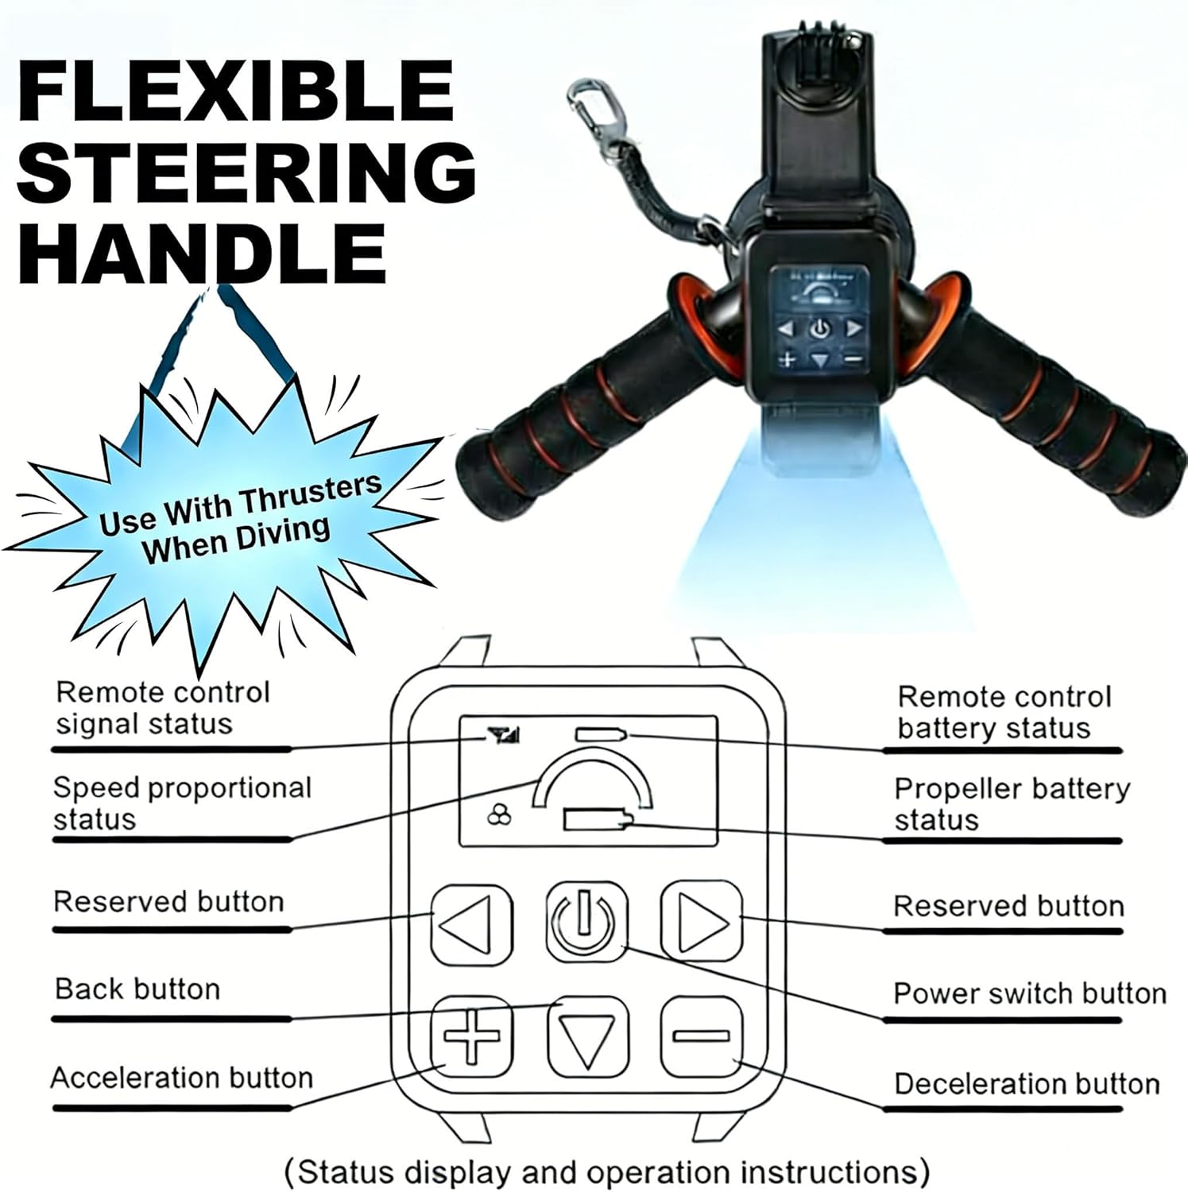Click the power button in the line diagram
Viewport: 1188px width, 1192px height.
pyautogui.click(x=586, y=922)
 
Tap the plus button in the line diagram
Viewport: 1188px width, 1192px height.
pyautogui.click(x=471, y=1036)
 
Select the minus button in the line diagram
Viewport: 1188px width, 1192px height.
pyautogui.click(x=701, y=1036)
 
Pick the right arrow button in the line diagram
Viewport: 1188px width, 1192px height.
pyautogui.click(x=701, y=922)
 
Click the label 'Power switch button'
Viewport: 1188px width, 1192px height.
pyautogui.click(x=1029, y=993)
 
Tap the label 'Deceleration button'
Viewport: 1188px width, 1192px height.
pyautogui.click(x=1026, y=1084)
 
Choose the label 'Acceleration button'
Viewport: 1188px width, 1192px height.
pyautogui.click(x=182, y=1078)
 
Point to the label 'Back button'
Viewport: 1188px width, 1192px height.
pyautogui.click(x=137, y=989)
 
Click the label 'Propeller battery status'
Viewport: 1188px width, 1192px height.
pyautogui.click(x=1011, y=803)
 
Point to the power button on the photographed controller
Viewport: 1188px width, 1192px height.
pyautogui.click(x=820, y=327)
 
